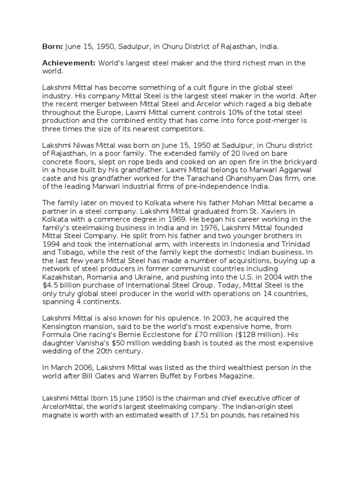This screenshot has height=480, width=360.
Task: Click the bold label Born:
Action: coord(52,47)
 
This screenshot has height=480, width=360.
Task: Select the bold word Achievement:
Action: coord(68,63)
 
